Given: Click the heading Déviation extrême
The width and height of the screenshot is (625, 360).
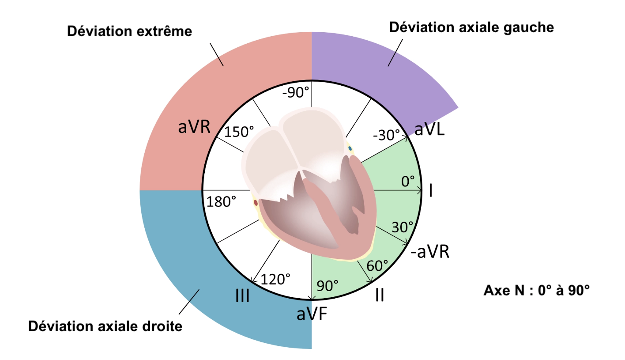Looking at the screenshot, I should click(129, 31).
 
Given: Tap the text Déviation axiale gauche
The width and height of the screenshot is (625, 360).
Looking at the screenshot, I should click(471, 27).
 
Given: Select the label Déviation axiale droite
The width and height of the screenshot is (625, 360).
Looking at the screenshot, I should click(105, 326).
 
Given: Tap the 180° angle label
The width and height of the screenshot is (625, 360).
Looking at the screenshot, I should click(221, 202).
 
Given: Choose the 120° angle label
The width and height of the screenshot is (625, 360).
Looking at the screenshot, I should click(275, 279).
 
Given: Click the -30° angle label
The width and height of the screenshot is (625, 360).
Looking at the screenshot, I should click(386, 135).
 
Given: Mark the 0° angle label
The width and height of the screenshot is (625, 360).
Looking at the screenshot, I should click(408, 181).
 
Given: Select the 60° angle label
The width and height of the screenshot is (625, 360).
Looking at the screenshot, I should click(377, 265).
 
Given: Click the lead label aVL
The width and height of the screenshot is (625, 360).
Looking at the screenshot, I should click(430, 130).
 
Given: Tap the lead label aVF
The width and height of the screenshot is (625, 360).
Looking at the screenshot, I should click(312, 314).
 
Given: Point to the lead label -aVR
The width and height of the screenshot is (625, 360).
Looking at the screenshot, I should click(429, 253).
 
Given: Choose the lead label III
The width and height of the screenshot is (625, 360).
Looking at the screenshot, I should click(243, 296).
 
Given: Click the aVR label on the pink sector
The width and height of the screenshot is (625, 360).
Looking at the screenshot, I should click(194, 127).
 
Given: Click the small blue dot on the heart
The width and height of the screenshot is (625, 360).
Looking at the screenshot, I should click(350, 148).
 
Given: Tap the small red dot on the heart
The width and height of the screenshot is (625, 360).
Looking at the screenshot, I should click(256, 203).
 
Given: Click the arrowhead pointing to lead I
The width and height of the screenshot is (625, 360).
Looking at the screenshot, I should click(419, 191).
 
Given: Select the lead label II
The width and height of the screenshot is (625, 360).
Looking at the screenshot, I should click(379, 296).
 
